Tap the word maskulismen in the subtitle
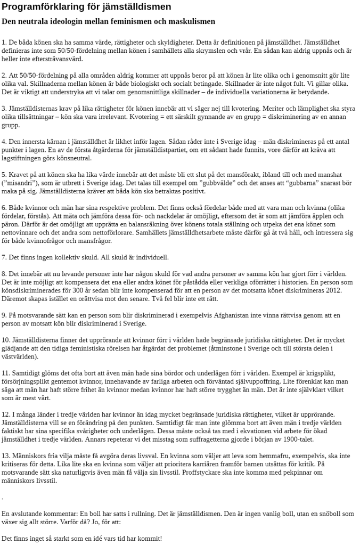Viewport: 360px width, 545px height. pyautogui.click(x=191, y=22)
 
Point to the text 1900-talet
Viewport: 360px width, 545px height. pyautogui.click(x=298, y=440)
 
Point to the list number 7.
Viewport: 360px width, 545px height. pyautogui.click(x=4, y=257)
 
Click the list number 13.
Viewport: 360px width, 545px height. pyautogui.click(x=6, y=456)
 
